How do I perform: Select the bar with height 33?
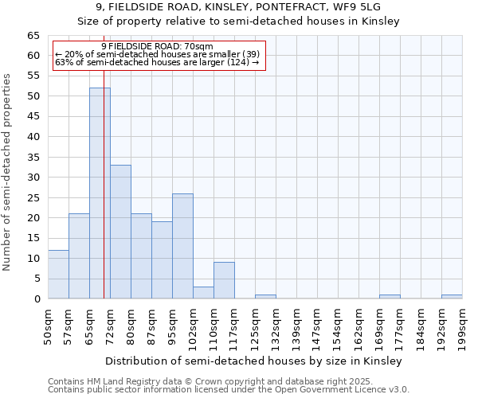(x=120, y=232)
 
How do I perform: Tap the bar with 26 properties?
(x=182, y=246)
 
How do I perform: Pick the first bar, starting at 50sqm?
(x=58, y=275)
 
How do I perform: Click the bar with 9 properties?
(x=224, y=280)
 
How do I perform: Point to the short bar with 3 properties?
(x=203, y=292)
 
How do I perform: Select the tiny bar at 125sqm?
(x=265, y=297)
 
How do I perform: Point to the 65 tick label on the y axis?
(x=33, y=36)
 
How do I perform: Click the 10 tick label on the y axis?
(x=33, y=259)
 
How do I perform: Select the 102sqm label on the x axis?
(x=193, y=325)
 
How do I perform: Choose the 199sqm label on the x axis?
(x=462, y=325)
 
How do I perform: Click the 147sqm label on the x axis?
(x=317, y=325)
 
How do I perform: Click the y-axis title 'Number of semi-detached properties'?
(x=8, y=172)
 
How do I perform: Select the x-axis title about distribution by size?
(x=253, y=361)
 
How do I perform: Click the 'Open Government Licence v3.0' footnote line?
(x=229, y=390)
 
